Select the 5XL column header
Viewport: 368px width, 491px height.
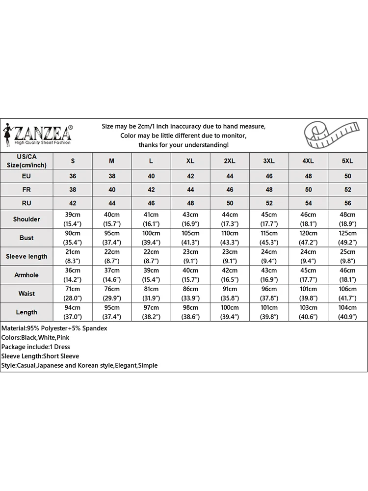[347, 161]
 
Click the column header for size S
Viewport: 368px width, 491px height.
[73, 161]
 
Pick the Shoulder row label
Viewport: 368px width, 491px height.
[26, 219]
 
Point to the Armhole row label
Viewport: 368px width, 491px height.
[26, 275]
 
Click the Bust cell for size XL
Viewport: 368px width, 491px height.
[190, 238]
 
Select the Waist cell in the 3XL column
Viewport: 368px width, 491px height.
[269, 294]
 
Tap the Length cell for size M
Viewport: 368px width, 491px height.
[112, 312]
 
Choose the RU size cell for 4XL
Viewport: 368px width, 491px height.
[308, 203]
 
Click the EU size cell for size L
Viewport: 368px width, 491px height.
[151, 176]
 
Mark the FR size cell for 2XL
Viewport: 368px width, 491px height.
[230, 189]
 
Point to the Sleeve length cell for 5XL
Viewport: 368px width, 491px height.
[347, 256]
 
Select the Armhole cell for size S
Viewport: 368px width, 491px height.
[73, 275]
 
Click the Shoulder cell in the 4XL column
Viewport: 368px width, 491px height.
[308, 219]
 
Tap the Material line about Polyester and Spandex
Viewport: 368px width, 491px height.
[54, 328]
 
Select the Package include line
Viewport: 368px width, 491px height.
[36, 347]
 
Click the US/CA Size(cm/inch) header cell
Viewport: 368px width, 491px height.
[26, 161]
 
